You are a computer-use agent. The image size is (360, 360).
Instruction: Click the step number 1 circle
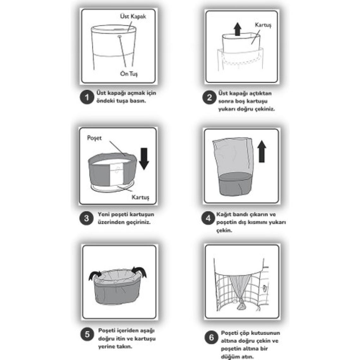point(87,97)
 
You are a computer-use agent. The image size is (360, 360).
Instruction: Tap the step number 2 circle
point(209,97)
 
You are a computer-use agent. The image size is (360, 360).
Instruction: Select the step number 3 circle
point(86,218)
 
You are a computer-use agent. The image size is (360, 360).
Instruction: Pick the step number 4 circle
point(208,218)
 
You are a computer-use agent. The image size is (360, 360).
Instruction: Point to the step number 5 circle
point(87,334)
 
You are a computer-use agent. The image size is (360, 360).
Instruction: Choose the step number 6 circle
point(212,338)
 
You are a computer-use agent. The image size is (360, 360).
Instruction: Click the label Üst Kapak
point(133,16)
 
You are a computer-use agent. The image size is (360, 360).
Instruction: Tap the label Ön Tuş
point(129,74)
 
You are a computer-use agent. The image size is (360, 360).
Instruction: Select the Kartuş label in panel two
point(263,25)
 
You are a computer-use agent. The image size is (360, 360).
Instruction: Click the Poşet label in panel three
point(94,138)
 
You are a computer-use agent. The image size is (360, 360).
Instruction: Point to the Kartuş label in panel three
point(140,197)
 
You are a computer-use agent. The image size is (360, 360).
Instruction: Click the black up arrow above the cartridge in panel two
point(237,29)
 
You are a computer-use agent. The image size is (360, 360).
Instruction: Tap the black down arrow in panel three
point(144,159)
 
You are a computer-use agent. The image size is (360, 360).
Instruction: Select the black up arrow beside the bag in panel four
point(262,152)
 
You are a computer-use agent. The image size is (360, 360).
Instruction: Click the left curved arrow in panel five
point(95,275)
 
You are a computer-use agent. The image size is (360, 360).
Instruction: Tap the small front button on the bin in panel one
point(119,36)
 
